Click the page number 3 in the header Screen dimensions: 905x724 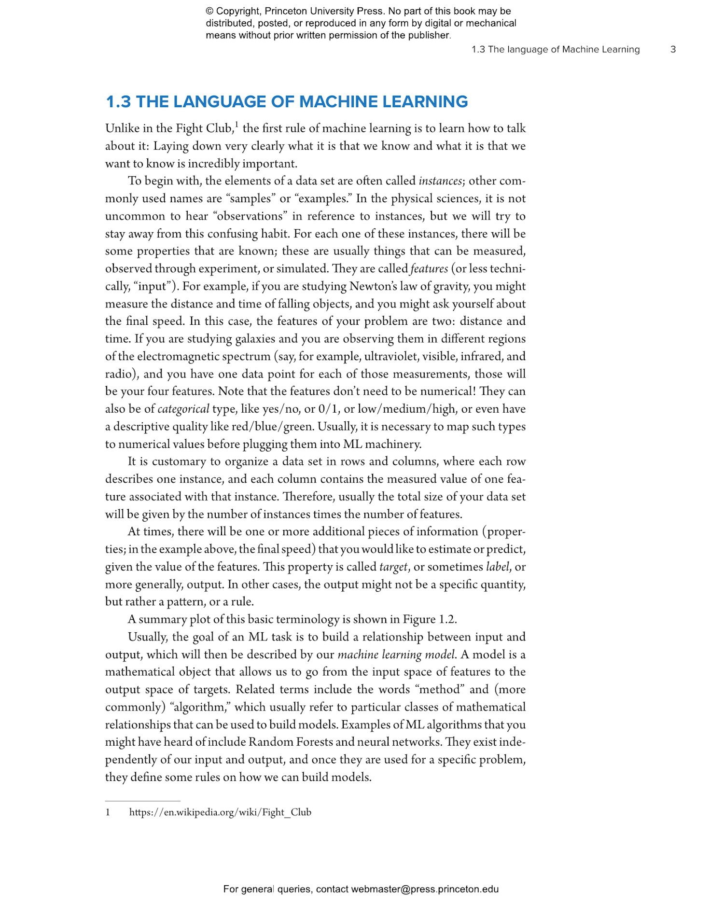pos(673,49)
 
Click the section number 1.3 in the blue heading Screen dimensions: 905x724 pos(118,102)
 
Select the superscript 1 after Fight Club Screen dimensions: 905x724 pos(237,125)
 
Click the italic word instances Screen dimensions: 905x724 pos(440,181)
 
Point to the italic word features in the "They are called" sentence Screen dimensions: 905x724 pos(429,269)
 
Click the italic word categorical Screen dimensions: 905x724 pos(183,409)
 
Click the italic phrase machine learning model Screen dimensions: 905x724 pos(396,655)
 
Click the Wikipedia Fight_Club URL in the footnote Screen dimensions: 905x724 pos(220,812)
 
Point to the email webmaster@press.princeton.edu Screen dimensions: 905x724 pos(425,889)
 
